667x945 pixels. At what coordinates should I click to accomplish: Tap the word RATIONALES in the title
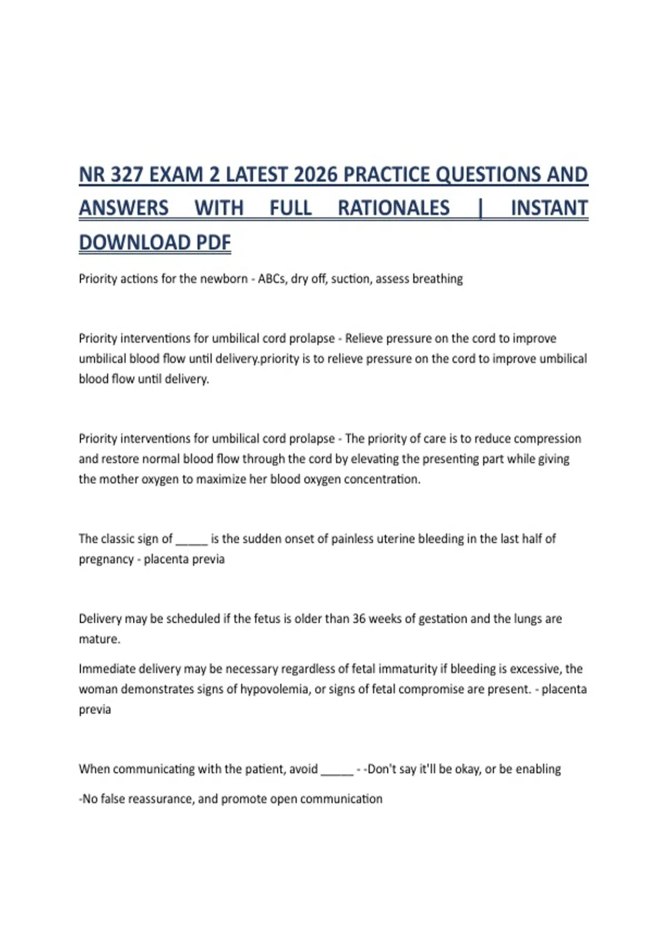click(x=394, y=208)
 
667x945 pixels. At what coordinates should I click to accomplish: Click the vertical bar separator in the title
click(x=480, y=208)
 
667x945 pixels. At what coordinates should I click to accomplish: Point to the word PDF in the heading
click(x=213, y=243)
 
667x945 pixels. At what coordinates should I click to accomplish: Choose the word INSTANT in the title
click(x=549, y=208)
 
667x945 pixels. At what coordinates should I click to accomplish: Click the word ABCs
click(x=271, y=278)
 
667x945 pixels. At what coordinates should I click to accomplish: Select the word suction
click(x=351, y=278)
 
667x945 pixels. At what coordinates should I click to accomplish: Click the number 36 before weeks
click(x=359, y=619)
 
